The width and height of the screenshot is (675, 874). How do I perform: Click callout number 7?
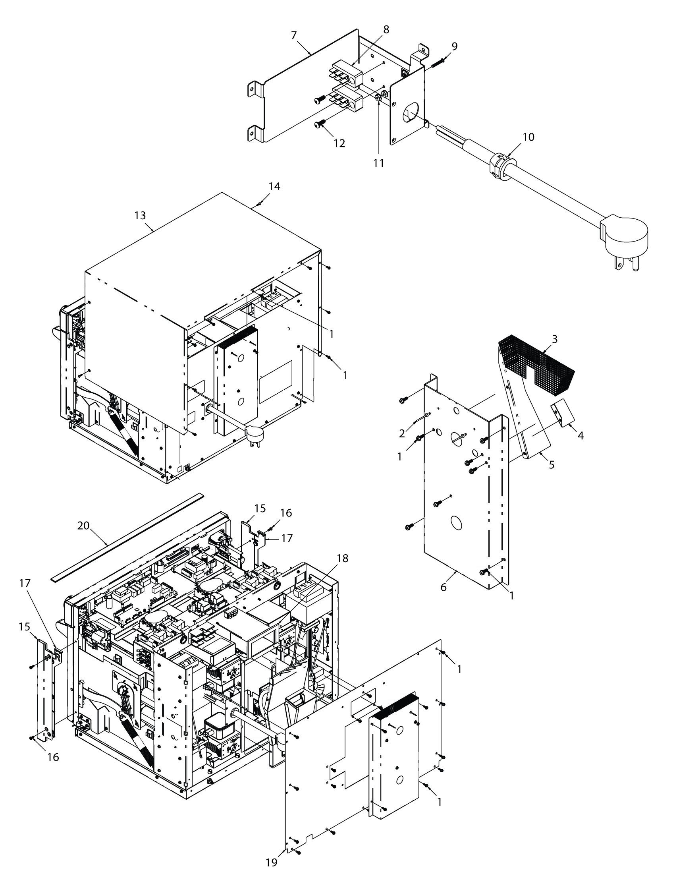[294, 36]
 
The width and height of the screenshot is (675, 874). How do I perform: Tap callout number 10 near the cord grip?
[528, 137]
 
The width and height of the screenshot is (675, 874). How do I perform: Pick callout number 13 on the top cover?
[140, 216]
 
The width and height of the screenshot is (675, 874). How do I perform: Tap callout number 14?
[274, 186]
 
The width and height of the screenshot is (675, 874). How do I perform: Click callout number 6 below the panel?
[444, 587]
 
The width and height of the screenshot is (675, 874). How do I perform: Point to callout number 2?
[402, 433]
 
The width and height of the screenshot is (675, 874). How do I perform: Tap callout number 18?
[343, 558]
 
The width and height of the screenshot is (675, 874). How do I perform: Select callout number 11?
[379, 163]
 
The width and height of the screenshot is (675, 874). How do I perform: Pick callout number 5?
[552, 465]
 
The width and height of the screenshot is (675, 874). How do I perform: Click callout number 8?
[386, 30]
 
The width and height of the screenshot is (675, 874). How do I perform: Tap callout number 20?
[83, 526]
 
